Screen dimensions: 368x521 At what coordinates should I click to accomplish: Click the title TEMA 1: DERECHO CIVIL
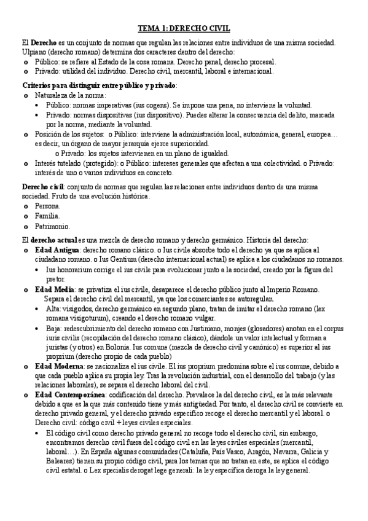tap(183, 28)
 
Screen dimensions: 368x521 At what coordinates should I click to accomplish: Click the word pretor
tap(55, 279)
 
